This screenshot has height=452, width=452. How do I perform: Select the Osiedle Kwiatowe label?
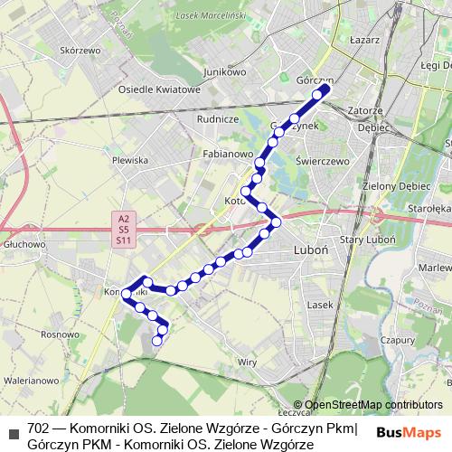pos(159,89)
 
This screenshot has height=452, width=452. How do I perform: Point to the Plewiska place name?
pos(129,159)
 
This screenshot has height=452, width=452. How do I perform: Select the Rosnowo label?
pos(59,334)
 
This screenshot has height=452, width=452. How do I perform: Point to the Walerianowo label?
pos(32,381)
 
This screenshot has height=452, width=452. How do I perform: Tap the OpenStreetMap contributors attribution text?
pos(373,404)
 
